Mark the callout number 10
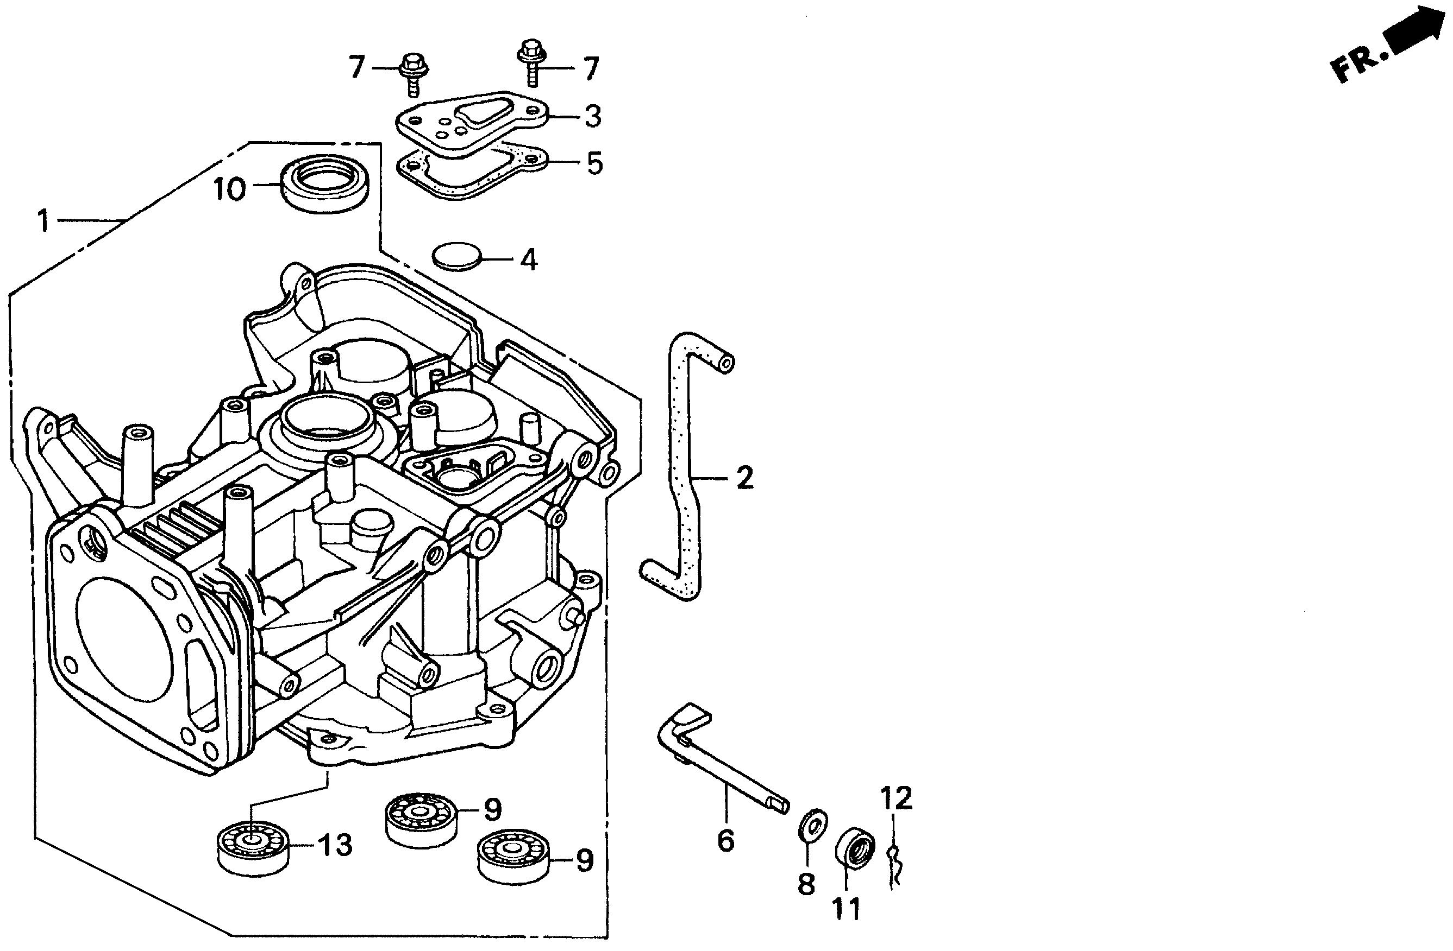click(229, 190)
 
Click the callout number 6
click(725, 842)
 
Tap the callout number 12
click(895, 797)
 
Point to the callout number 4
click(528, 260)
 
